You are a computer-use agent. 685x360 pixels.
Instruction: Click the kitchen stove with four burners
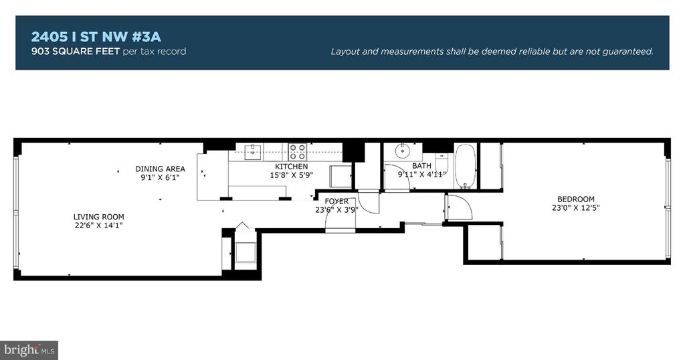coord(297,152)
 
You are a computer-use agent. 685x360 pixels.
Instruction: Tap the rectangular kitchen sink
coord(253,152)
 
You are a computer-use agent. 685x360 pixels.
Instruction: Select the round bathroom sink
coord(402,151)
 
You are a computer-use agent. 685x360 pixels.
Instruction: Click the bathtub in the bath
coord(466,167)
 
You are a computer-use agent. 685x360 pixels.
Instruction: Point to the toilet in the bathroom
coord(442,164)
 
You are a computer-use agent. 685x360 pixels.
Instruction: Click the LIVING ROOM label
coord(99,217)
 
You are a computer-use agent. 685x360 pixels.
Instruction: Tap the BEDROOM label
coord(575,199)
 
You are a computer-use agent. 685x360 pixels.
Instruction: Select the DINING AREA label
coord(160,169)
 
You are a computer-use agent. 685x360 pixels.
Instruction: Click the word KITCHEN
coord(292,167)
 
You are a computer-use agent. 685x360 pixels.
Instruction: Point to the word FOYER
coord(336,201)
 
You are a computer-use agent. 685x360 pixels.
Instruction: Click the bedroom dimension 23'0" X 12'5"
coord(575,208)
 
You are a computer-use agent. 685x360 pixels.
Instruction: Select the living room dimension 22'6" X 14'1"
coord(99,226)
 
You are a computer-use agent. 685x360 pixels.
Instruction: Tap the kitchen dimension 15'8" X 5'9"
coord(292,175)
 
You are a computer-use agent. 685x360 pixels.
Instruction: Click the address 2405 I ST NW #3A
coord(96,37)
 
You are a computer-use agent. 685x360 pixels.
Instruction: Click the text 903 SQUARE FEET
coord(75,51)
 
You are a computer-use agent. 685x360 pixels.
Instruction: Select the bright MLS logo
coord(29,351)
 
